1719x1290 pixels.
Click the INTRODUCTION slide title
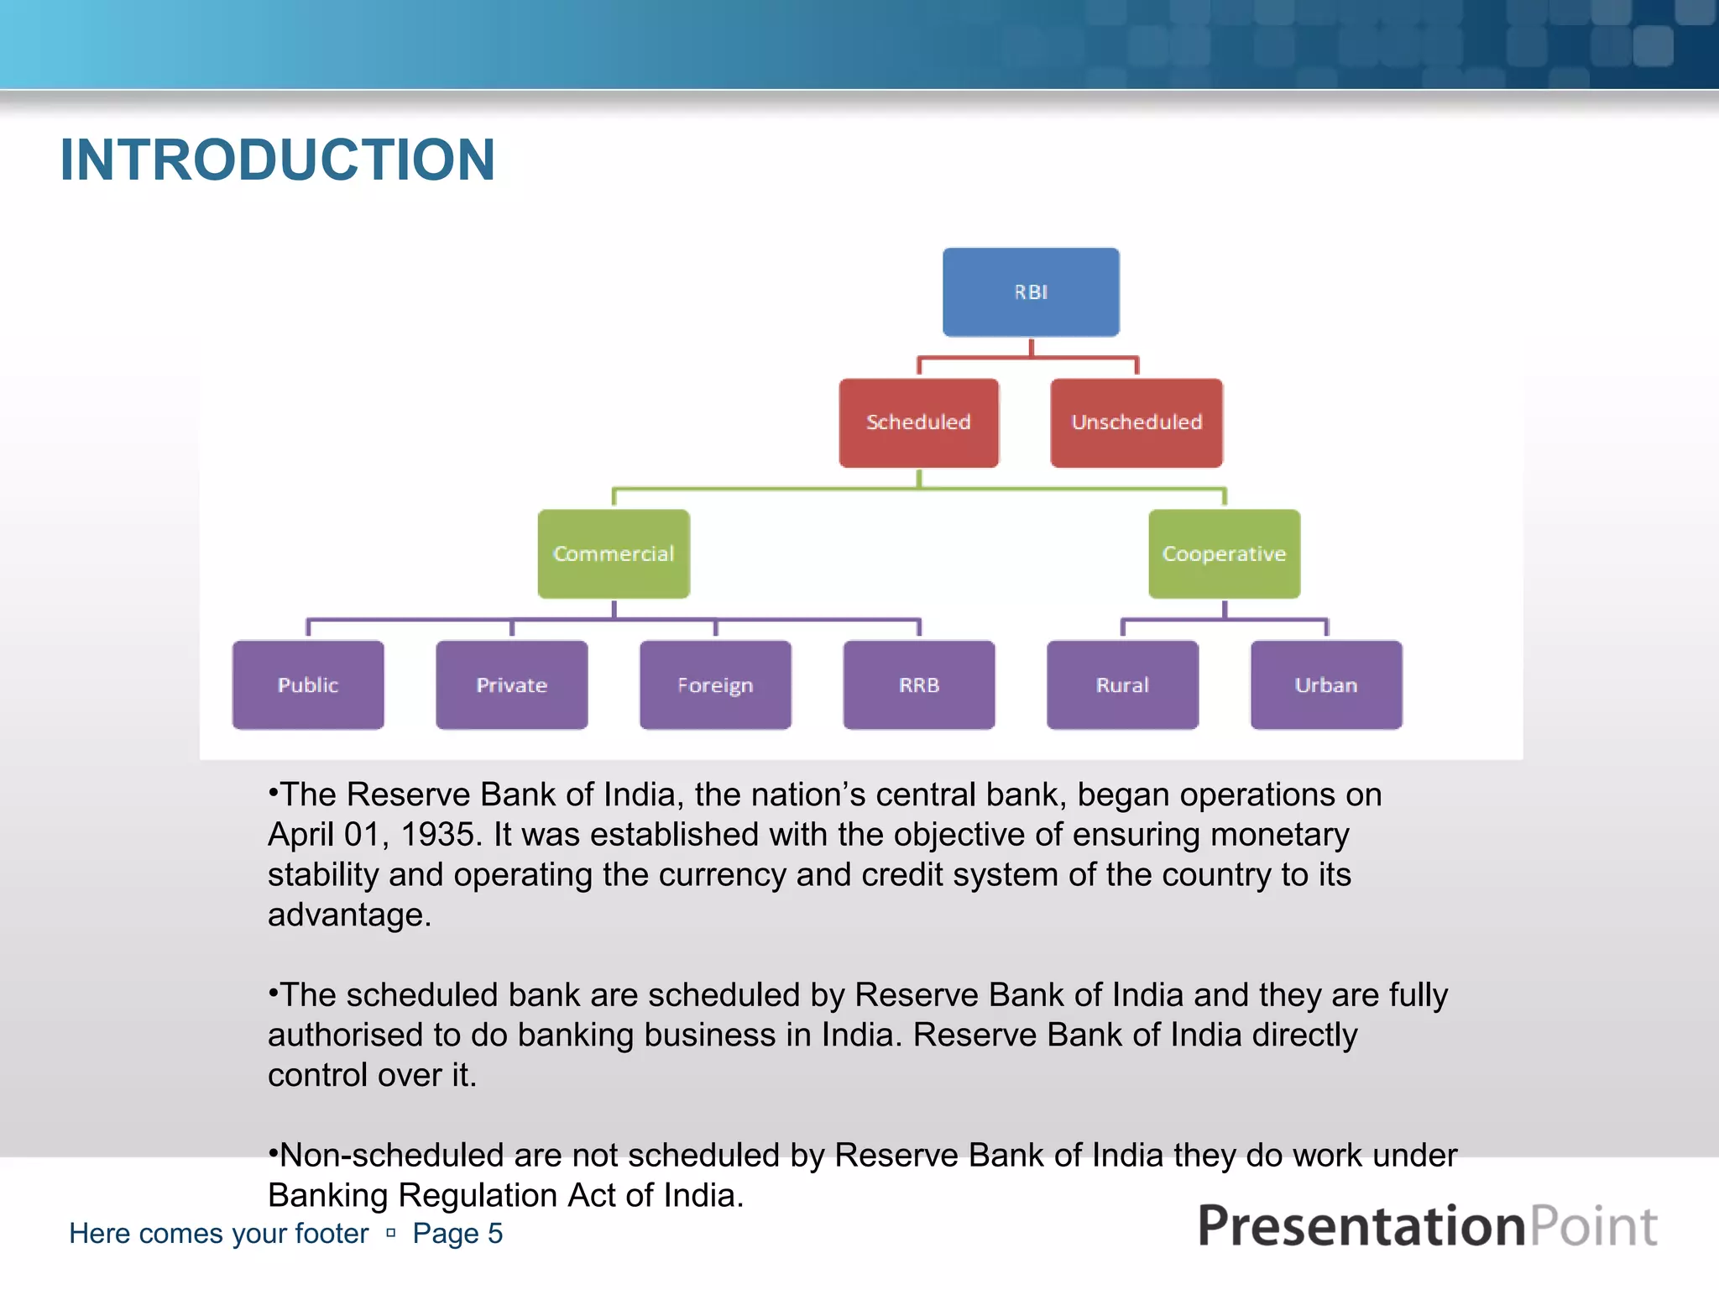pyautogui.click(x=277, y=160)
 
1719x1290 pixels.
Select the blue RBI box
pyautogui.click(x=1031, y=292)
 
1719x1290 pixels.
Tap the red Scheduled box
pyautogui.click(x=918, y=422)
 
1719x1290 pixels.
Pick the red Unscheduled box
pyautogui.click(x=1136, y=422)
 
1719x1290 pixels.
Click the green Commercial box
pyautogui.click(x=614, y=553)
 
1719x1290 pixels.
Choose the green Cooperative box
pyautogui.click(x=1224, y=553)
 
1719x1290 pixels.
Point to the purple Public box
pyautogui.click(x=308, y=685)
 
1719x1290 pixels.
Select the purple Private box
pyautogui.click(x=512, y=685)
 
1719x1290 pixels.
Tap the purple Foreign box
pyautogui.click(x=715, y=685)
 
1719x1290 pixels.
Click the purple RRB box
pyautogui.click(x=919, y=685)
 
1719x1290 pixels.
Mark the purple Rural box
pyautogui.click(x=1122, y=685)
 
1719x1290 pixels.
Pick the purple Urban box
pyautogui.click(x=1326, y=685)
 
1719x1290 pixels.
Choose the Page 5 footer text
pyautogui.click(x=457, y=1234)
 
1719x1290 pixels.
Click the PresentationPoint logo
pyautogui.click(x=1427, y=1226)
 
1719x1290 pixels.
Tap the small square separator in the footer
pyautogui.click(x=390, y=1234)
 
